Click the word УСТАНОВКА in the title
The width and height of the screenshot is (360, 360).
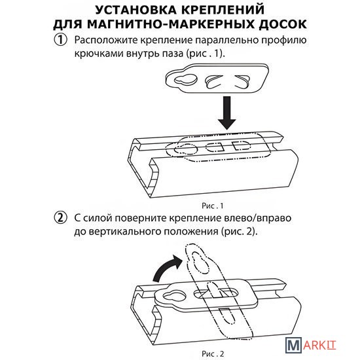[135, 10]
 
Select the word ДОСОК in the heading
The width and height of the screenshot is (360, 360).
[283, 24]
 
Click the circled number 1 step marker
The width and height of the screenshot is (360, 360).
[60, 40]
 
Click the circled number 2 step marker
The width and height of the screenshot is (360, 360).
[60, 217]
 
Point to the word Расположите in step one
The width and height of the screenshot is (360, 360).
[105, 40]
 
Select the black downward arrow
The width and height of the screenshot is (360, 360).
[227, 113]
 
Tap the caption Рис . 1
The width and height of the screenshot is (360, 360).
[212, 206]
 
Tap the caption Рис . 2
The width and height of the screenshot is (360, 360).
[213, 354]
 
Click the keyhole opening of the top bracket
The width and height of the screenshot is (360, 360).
[186, 79]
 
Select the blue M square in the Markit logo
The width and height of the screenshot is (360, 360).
[293, 345]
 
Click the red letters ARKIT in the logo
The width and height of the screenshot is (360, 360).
[319, 346]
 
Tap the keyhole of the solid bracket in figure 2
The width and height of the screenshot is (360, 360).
[175, 296]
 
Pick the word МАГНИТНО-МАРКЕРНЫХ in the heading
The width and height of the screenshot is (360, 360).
[171, 24]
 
